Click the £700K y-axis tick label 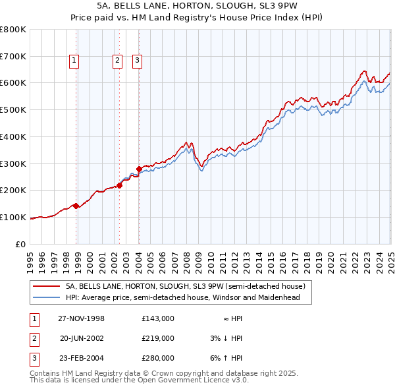[13, 56]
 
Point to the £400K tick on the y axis [13, 136]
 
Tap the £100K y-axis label [13, 217]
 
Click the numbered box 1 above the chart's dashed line [74, 61]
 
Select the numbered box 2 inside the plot [117, 61]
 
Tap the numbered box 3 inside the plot [138, 61]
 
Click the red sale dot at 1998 [76, 206]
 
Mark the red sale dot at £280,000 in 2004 [140, 169]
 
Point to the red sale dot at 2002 [120, 185]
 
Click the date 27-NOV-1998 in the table [82, 318]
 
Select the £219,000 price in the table [157, 338]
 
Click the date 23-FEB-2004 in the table [82, 358]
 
